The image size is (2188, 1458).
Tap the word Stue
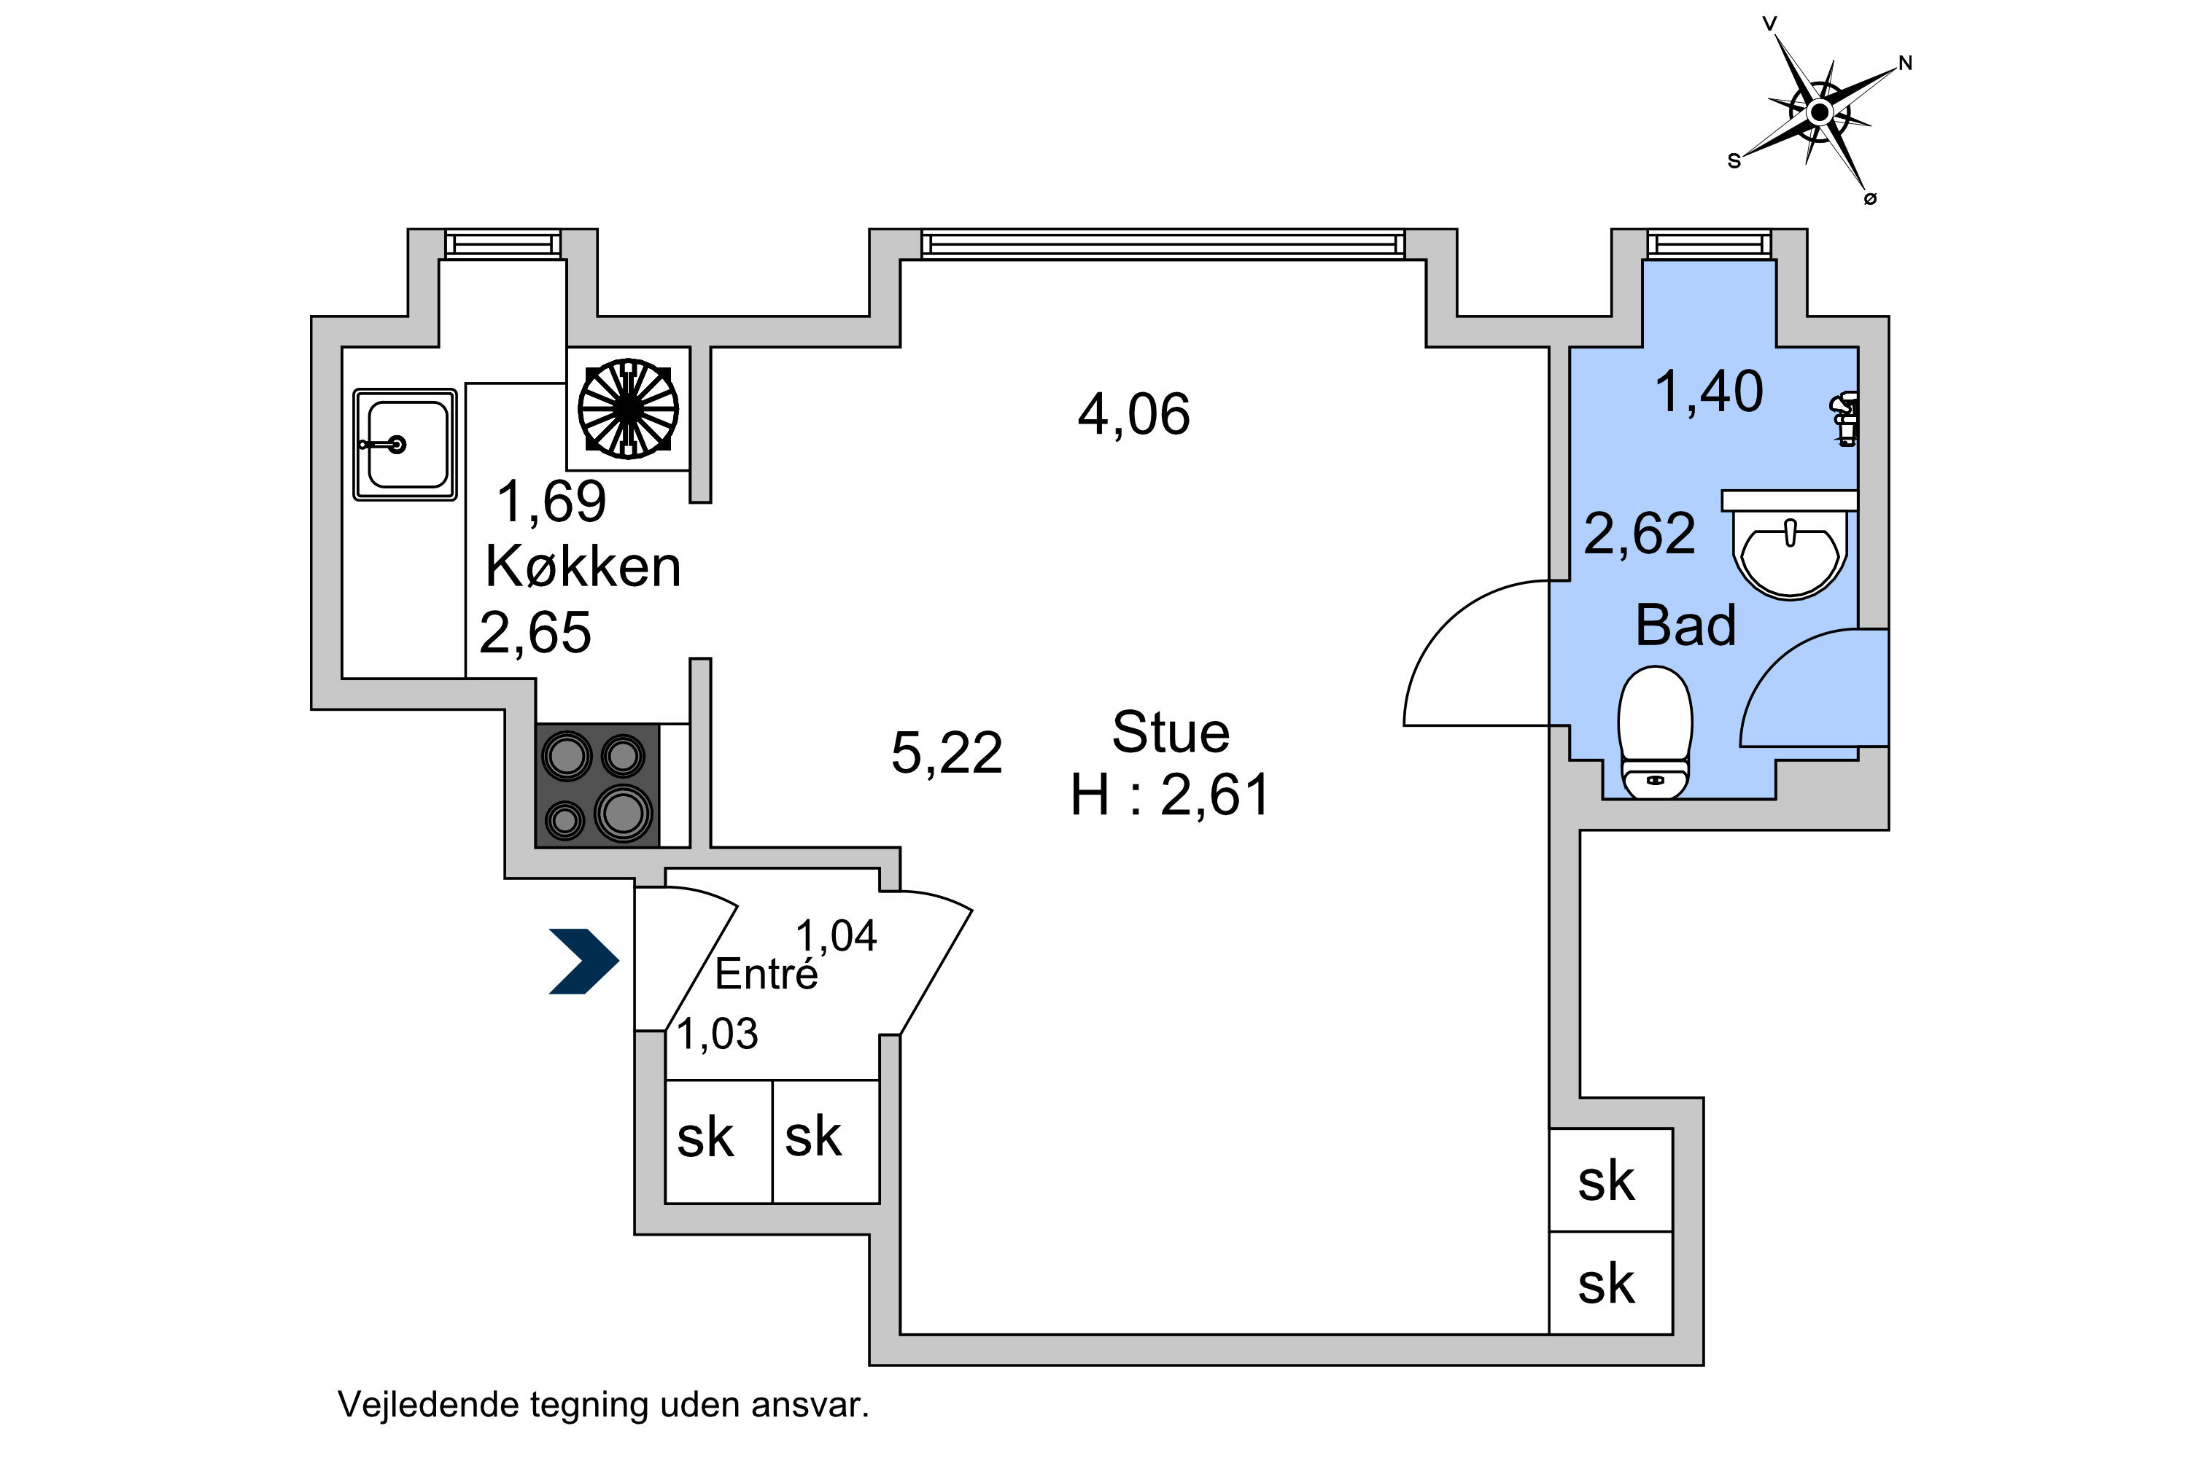pos(1171,732)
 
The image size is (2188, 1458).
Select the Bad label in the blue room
pos(1685,625)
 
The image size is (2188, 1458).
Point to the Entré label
pos(767,973)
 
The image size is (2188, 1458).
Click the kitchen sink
pos(405,445)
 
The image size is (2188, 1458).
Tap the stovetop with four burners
pos(597,786)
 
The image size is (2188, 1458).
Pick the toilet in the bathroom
pos(1655,732)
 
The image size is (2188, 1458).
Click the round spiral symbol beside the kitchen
pos(628,408)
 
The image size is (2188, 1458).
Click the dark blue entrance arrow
pos(584,962)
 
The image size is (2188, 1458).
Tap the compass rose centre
pos(1820,112)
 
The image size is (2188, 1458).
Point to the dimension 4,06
pos(1134,414)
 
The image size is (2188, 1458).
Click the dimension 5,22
pos(947,752)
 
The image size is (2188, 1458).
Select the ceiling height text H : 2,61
pos(1171,795)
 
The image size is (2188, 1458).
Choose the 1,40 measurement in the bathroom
pos(1709,391)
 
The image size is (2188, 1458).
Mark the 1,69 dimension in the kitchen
pos(551,502)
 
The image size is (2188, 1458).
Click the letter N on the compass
pos(1905,63)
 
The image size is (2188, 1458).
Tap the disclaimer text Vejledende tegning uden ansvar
pos(603,1404)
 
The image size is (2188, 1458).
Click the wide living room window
pos(1163,244)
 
